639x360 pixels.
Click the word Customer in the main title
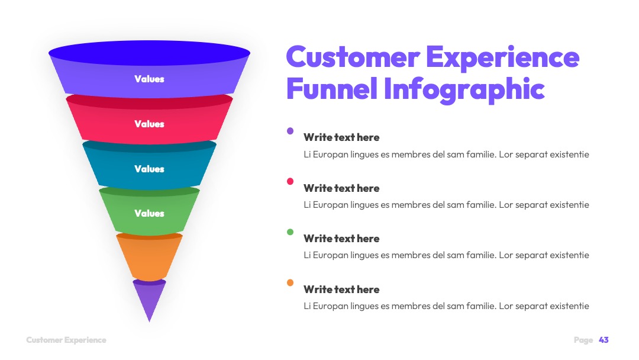click(x=353, y=57)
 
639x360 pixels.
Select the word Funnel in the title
click(x=332, y=88)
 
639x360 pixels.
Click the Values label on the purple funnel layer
click(x=150, y=79)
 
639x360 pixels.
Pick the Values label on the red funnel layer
click(x=150, y=124)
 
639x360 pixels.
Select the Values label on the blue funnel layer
click(x=150, y=169)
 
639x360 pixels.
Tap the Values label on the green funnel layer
click(x=150, y=213)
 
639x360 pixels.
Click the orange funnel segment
click(x=149, y=257)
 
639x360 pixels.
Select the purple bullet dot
click(x=290, y=131)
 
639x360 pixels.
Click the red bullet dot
click(x=290, y=181)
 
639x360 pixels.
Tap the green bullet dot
click(x=290, y=232)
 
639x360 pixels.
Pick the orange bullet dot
click(x=290, y=282)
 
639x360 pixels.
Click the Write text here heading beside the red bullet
click(x=341, y=188)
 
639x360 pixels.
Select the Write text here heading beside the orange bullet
click(x=341, y=290)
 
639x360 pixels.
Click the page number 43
click(x=603, y=340)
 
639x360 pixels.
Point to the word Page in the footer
click(x=583, y=340)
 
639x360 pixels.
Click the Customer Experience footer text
click(x=66, y=340)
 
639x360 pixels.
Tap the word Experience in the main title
click(x=503, y=57)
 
